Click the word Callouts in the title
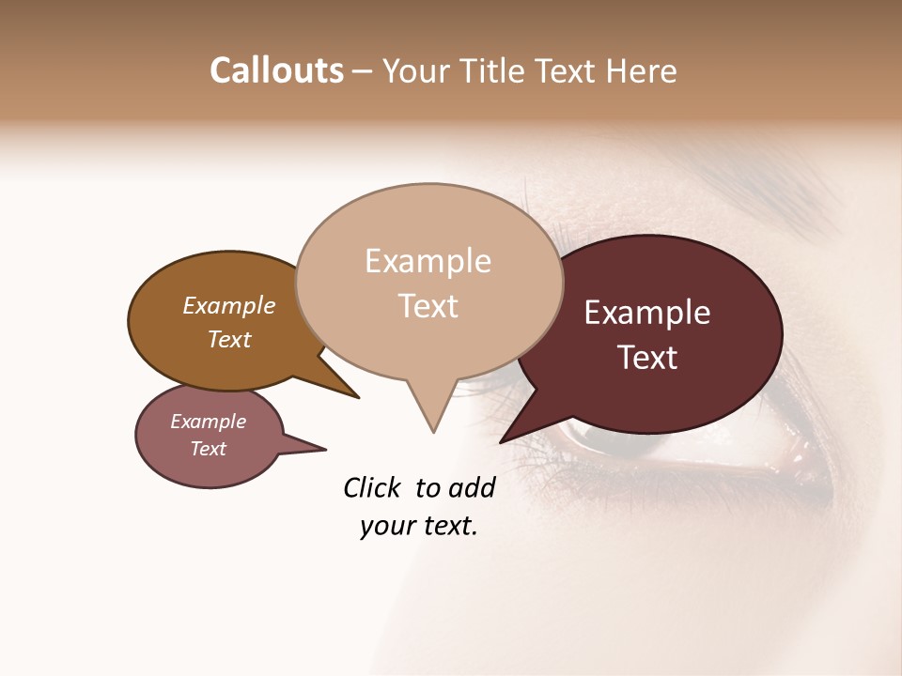coord(276,70)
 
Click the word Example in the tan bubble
coord(428,261)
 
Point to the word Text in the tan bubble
coord(428,306)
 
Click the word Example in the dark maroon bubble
coord(647,313)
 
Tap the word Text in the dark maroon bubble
coord(647,358)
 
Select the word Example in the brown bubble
coord(229,306)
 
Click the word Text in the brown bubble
coord(229,339)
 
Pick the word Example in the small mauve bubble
coord(209,422)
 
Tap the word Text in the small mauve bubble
coord(209,449)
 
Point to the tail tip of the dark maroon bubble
coord(502,441)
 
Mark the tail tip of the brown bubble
coord(357,397)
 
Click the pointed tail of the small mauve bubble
coord(324,449)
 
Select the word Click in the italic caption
coord(374,487)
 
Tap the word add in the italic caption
coord(471,487)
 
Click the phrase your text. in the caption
coord(419,527)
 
